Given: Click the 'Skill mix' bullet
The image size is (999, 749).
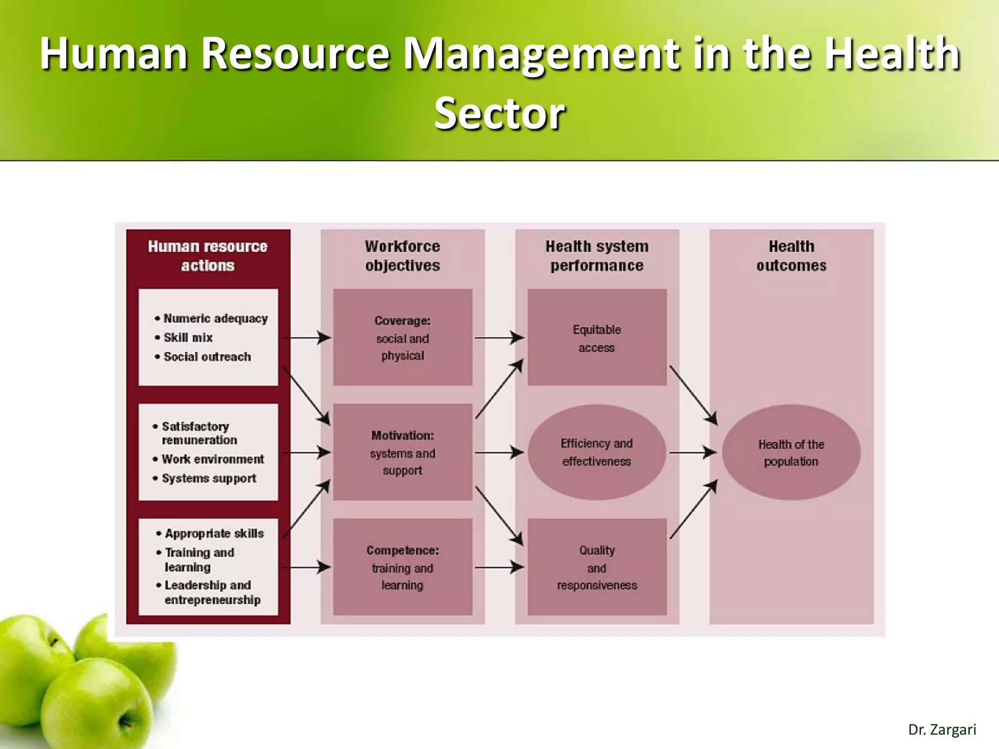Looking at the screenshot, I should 188,337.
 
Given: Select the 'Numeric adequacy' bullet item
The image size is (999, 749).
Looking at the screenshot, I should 216,318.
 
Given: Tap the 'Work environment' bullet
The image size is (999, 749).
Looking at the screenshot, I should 213,459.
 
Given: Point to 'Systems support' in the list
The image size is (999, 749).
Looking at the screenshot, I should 209,478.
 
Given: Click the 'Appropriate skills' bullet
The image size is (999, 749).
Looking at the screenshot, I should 214,533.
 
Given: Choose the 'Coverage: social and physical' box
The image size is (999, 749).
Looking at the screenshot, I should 402,337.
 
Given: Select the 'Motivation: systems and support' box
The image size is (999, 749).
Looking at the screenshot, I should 402,452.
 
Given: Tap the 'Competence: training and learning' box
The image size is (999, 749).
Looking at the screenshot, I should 402,567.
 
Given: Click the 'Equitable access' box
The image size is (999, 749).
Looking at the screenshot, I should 597,337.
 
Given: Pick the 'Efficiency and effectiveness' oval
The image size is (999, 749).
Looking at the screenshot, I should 597,452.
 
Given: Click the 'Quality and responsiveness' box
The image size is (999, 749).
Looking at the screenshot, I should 597,567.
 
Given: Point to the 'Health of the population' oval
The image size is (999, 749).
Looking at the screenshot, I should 791,452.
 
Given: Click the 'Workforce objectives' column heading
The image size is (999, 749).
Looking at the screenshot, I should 402,256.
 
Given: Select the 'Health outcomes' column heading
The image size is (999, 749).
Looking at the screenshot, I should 791,256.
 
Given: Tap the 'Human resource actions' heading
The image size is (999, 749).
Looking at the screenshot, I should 208,256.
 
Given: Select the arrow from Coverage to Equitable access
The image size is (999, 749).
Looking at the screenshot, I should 499,337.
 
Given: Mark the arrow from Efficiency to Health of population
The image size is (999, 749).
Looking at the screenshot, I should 692,453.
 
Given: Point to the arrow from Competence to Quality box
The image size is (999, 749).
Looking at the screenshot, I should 499,567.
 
